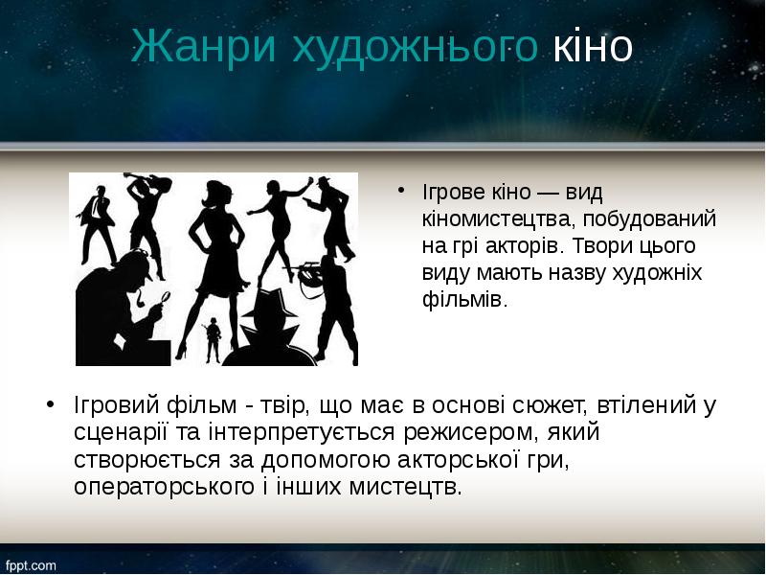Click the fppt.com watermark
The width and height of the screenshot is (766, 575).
(30, 565)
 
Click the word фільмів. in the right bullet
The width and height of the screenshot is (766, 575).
(462, 300)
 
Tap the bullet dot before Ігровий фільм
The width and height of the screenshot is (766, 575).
(50, 406)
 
